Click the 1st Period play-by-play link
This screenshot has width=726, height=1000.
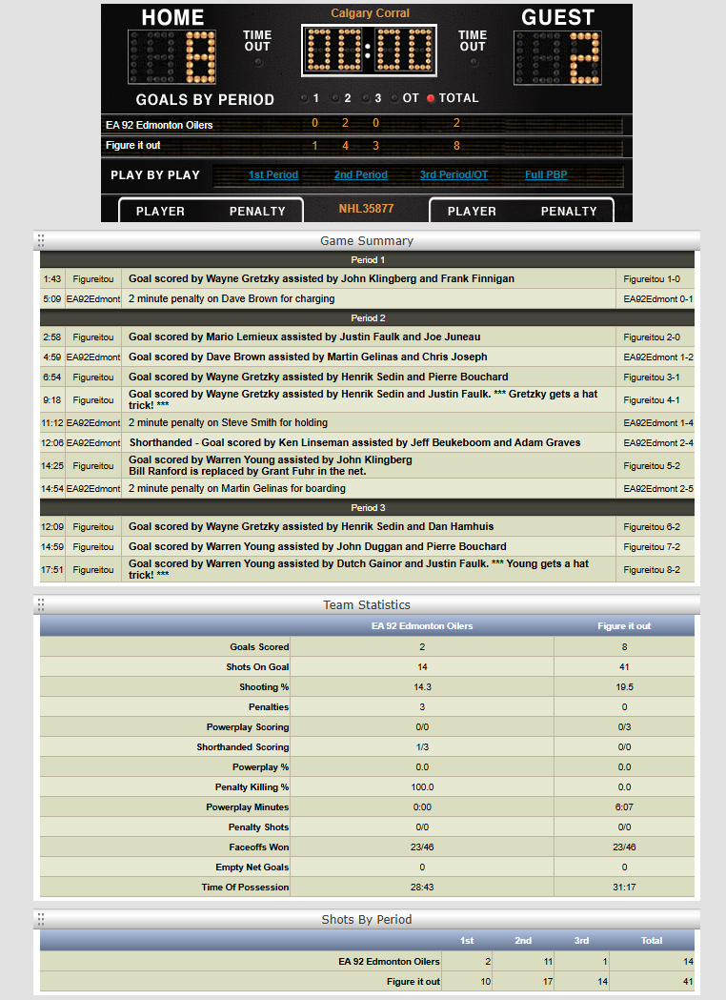pos(272,175)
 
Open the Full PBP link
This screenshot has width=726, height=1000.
pos(548,175)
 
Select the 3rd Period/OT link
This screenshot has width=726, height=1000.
pos(454,175)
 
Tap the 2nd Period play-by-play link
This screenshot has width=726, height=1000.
pos(360,175)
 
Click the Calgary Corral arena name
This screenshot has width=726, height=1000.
pos(370,13)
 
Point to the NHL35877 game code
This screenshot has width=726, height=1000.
pos(366,209)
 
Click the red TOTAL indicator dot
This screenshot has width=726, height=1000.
pos(431,98)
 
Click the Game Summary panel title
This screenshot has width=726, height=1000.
pos(366,240)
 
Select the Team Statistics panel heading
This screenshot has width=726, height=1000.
pos(366,604)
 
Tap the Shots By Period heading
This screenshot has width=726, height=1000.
pos(366,919)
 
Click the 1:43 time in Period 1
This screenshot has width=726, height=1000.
pos(52,279)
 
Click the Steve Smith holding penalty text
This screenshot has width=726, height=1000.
pos(228,422)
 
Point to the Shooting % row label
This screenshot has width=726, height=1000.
pos(264,687)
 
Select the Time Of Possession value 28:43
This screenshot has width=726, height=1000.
pos(421,888)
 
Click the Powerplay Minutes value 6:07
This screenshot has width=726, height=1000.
pos(624,807)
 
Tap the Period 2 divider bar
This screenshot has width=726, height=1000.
pos(368,318)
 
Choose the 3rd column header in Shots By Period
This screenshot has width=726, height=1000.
pos(581,941)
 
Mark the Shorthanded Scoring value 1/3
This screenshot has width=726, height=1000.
pos(421,747)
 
